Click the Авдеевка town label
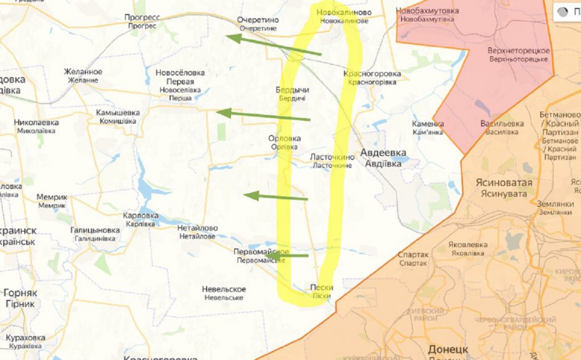pos(384,158)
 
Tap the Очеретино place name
pos(258,23)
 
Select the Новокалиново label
pos(344,16)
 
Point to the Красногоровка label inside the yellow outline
pos(372,78)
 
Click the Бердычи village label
pos(292,94)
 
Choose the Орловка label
pos(285,143)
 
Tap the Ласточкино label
pos(331,161)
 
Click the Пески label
pos(322,291)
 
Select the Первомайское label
pos(261,256)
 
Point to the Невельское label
pos(224,293)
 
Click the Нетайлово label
pos(196,232)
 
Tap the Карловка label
pos(141,220)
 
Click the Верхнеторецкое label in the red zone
pos(518,55)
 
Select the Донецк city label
pos(448,349)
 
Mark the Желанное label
pos(83,76)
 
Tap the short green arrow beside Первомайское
pos(294,256)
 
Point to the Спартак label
pos(413,259)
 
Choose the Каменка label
pos(428,128)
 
